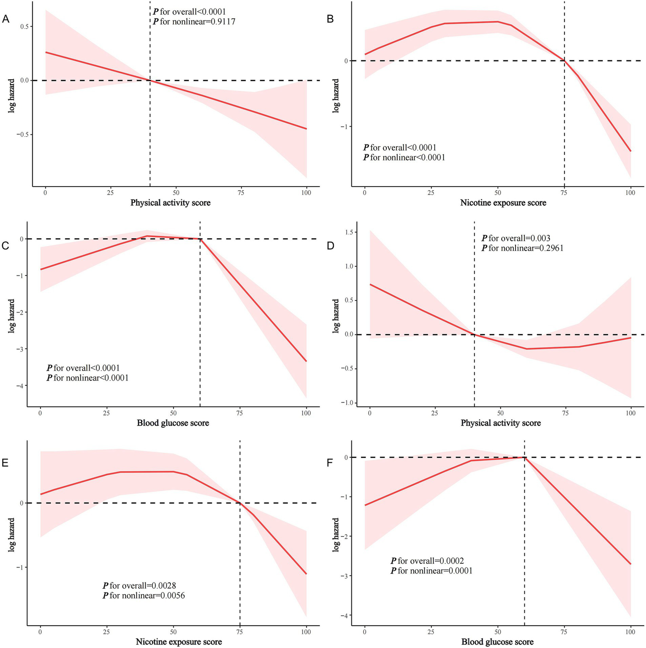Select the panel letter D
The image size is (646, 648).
(x=330, y=245)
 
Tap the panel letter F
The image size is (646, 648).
(x=330, y=463)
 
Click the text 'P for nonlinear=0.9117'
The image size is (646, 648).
(x=194, y=21)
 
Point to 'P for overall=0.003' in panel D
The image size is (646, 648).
(x=516, y=238)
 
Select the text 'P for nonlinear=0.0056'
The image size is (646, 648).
(x=144, y=595)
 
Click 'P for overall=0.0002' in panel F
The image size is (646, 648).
(x=427, y=561)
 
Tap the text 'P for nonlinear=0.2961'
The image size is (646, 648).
(x=523, y=248)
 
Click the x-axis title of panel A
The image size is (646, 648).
(x=170, y=203)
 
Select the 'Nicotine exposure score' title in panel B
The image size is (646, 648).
(x=503, y=203)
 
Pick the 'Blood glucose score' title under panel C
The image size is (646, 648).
(x=173, y=423)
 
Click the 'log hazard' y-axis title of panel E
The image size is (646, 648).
(x=12, y=535)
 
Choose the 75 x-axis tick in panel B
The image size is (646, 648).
(x=564, y=193)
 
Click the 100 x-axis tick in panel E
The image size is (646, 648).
(x=306, y=632)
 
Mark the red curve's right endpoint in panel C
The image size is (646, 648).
(x=306, y=361)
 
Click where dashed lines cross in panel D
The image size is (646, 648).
(x=474, y=335)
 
